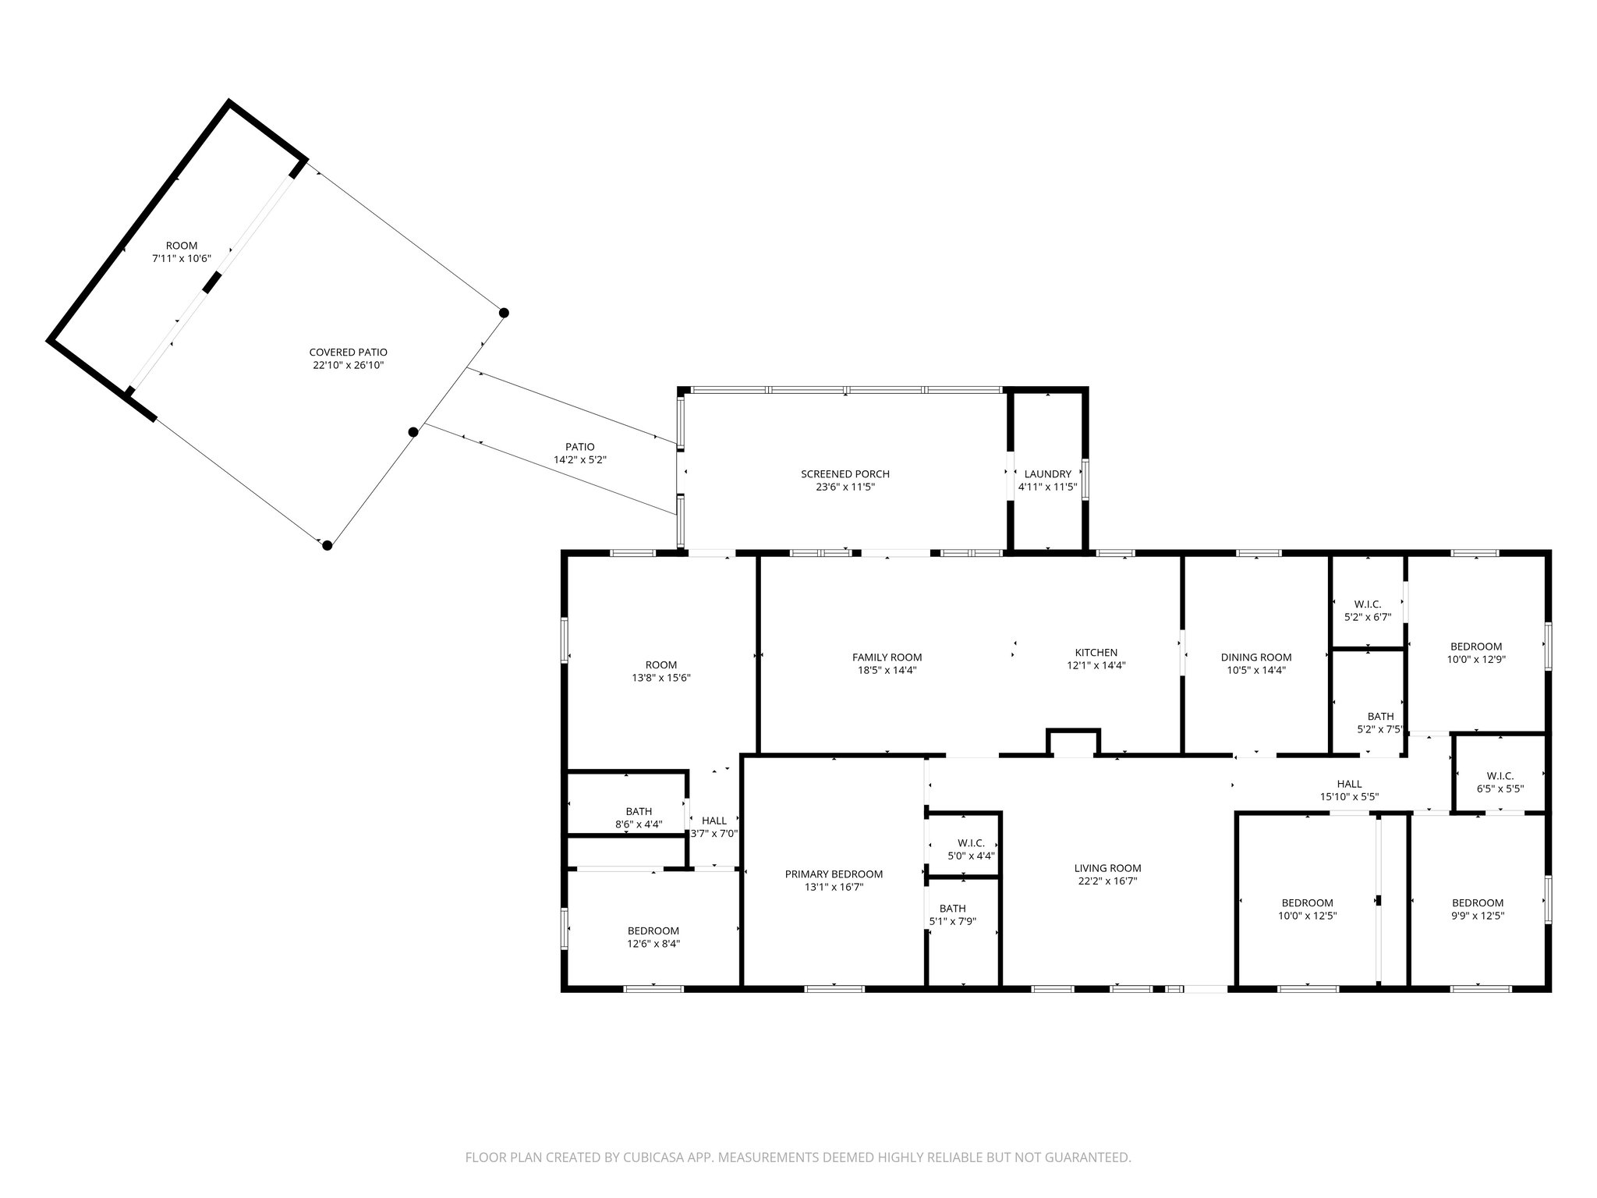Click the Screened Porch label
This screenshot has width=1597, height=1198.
845,474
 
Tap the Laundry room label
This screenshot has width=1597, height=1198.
1047,473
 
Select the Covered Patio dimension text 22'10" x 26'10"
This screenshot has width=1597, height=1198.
348,365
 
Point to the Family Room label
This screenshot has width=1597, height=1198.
887,657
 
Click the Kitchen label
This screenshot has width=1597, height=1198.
1096,653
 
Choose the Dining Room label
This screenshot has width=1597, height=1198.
1255,657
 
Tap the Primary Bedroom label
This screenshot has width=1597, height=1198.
834,874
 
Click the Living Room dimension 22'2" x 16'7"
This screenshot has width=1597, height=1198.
1107,881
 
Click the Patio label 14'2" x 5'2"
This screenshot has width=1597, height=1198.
579,453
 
